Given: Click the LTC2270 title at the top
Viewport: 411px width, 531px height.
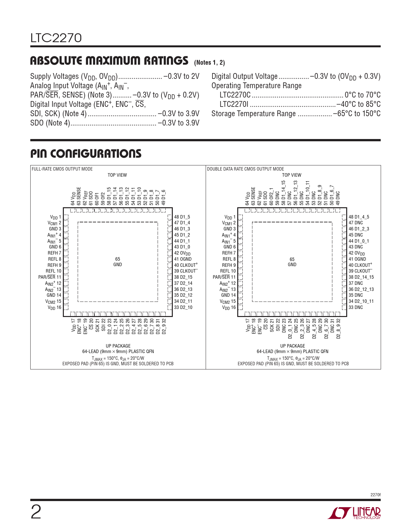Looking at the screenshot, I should (x=56, y=38).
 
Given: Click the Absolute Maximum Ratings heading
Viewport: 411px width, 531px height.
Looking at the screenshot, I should (x=109, y=61).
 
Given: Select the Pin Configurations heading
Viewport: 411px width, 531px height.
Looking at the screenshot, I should (x=86, y=154).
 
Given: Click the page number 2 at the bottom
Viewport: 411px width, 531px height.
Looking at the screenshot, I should (x=36, y=512).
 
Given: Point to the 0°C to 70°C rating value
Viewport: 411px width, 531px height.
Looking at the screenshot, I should (x=362, y=95).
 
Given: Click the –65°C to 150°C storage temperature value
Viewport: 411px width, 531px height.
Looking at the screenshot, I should (x=357, y=114).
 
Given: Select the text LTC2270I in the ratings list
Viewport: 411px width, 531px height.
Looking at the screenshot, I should (x=234, y=104).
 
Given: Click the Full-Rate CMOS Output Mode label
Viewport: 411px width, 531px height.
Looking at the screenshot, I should (x=62, y=169).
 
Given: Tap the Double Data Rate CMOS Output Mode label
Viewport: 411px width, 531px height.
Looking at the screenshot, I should (x=245, y=169).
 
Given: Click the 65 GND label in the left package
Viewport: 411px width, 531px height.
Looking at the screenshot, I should (x=118, y=262).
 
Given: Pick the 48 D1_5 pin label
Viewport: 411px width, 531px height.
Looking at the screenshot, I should (x=182, y=217).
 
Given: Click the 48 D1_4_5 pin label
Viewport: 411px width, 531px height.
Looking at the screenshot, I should (x=359, y=217).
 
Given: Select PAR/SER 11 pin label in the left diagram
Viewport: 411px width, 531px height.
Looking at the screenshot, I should (x=50, y=277).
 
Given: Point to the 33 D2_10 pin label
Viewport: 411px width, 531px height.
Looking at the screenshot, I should (x=183, y=307).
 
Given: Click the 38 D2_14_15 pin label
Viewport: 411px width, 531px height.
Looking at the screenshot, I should (x=361, y=277).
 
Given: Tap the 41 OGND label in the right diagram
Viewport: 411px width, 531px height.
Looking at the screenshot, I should (x=357, y=259).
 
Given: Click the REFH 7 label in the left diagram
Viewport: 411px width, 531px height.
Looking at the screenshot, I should (x=54, y=253).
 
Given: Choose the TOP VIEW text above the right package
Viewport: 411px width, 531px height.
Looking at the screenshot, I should (x=291, y=175).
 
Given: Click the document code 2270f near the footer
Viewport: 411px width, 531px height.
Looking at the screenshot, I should (x=375, y=495).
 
